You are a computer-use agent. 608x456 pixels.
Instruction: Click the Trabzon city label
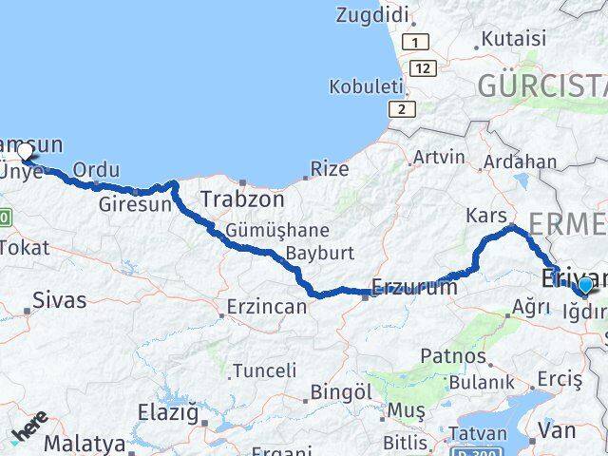coord(242,199)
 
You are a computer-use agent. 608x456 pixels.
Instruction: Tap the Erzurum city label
coord(415,286)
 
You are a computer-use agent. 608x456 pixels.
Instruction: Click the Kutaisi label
coord(514,39)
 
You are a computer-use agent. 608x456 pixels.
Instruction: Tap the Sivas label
coord(59,300)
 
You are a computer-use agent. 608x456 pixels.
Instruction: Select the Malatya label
coord(84,444)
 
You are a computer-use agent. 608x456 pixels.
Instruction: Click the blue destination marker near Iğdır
coord(585,285)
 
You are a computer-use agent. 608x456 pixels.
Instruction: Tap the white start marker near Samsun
coord(26,151)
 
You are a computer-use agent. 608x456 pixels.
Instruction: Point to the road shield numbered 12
coord(425,68)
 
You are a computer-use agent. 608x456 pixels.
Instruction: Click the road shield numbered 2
coord(405,110)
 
